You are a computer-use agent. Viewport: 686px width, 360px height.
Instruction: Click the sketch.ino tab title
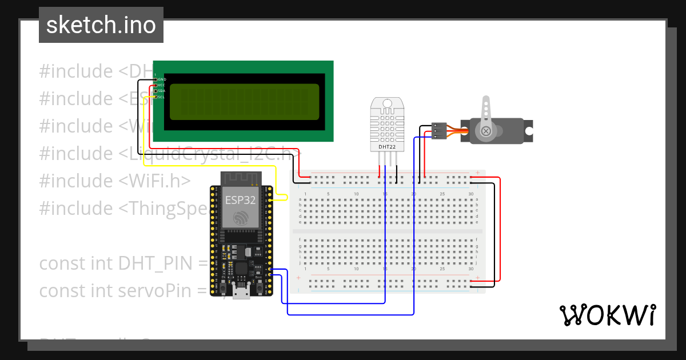point(101,25)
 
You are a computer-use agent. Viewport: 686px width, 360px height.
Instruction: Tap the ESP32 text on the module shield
point(240,200)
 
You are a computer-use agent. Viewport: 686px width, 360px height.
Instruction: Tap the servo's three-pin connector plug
point(439,130)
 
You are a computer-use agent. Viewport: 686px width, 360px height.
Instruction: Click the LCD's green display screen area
point(244,102)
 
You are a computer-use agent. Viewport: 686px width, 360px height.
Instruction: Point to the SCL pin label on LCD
point(162,97)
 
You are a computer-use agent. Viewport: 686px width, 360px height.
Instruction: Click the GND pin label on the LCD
point(162,79)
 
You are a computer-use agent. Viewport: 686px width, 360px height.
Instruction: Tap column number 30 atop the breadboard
point(470,194)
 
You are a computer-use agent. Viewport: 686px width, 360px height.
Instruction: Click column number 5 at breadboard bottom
point(328,269)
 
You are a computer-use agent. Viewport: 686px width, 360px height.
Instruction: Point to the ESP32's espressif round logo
point(241,217)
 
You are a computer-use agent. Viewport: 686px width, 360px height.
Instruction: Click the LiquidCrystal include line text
point(217,153)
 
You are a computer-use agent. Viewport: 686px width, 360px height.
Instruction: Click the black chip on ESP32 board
point(241,269)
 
